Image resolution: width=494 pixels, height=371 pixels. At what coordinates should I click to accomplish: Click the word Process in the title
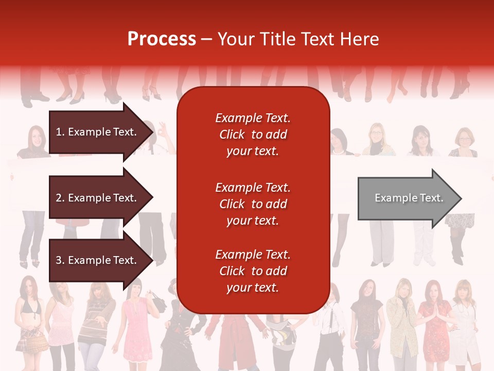(x=162, y=39)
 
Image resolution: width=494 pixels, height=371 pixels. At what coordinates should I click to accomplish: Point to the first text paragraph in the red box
(x=253, y=134)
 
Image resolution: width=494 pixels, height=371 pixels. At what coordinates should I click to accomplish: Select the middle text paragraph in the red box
(x=253, y=204)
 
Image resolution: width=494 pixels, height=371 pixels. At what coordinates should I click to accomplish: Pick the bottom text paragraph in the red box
(x=253, y=271)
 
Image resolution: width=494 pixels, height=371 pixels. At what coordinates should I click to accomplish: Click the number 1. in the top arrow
(x=60, y=132)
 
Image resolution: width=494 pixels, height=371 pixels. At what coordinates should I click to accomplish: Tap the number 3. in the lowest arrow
(x=60, y=260)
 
